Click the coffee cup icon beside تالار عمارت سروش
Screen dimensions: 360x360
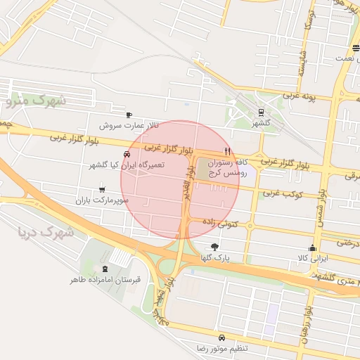tap(129, 115)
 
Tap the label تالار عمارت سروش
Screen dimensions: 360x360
tap(129, 125)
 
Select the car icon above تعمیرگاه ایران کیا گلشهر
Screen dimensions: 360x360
tap(127, 155)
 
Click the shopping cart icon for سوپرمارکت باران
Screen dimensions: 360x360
tap(103, 189)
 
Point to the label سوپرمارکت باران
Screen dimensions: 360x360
tap(103, 200)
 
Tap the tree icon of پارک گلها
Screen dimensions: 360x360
tap(214, 247)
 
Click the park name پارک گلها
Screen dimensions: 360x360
tap(214, 258)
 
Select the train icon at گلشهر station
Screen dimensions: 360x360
tap(262, 112)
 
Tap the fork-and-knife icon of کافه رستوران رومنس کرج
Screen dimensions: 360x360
tap(226, 151)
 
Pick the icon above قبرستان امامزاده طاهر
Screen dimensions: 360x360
tap(105, 269)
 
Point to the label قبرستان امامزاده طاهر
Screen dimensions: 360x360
tap(105, 280)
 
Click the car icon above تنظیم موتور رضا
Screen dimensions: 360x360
tap(222, 337)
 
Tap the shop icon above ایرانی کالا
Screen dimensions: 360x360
tap(313, 248)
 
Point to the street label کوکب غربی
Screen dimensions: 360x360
tap(282, 193)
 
